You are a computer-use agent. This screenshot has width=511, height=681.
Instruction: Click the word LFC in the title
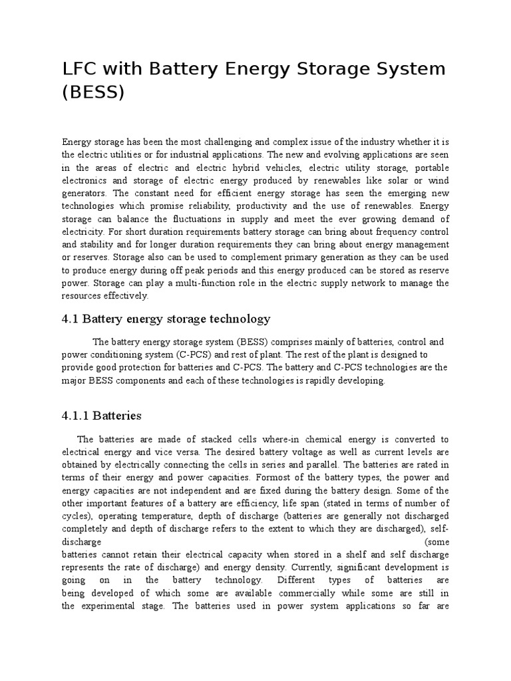click(x=80, y=68)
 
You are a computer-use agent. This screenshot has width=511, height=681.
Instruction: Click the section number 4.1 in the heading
click(x=71, y=319)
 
